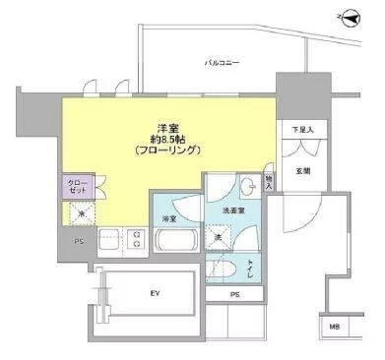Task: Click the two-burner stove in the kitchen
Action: (137, 238)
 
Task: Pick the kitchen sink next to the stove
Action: (107, 238)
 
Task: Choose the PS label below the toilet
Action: (234, 294)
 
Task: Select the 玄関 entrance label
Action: (301, 170)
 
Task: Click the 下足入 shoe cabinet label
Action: (301, 129)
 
